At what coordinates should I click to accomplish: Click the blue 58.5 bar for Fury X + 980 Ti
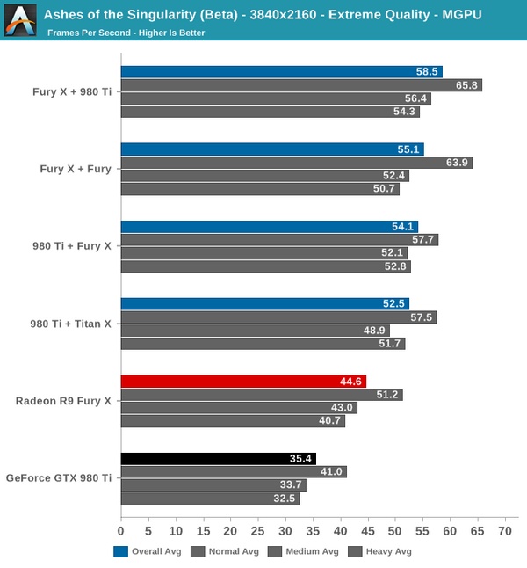[x=281, y=71]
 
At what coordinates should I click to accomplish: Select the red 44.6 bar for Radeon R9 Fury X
[x=243, y=381]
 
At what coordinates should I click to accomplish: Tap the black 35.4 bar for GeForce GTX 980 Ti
[x=218, y=458]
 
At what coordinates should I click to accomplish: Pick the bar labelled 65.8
[x=301, y=85]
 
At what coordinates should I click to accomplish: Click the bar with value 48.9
[x=255, y=331]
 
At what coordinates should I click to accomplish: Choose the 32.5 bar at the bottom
[x=210, y=499]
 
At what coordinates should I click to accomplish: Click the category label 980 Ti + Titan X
[x=71, y=324]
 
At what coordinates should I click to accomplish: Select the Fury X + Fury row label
[x=76, y=169]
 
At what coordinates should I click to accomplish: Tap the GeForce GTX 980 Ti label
[x=59, y=478]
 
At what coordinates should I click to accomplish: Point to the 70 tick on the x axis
[x=504, y=531]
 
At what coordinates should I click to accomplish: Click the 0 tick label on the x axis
[x=121, y=531]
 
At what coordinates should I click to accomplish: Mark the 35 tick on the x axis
[x=313, y=531]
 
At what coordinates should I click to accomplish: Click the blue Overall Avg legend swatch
[x=121, y=551]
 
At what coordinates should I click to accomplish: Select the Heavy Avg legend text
[x=389, y=552]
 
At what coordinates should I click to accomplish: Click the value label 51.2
[x=386, y=395]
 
